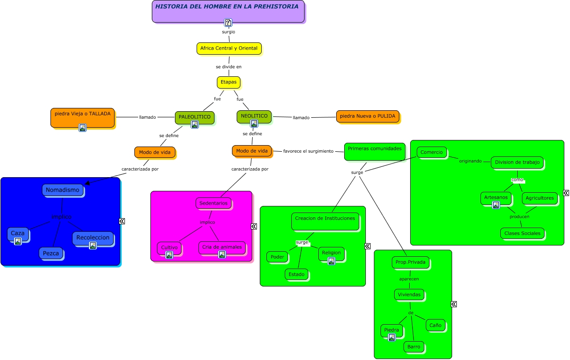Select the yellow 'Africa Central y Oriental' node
(229, 48)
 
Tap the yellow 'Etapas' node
(229, 82)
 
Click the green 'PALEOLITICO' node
(194, 117)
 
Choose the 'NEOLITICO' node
(254, 116)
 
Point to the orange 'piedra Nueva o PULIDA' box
(367, 116)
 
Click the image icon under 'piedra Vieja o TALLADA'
(83, 127)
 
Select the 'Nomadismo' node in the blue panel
(63, 190)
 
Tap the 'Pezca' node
(51, 253)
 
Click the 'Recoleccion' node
(93, 238)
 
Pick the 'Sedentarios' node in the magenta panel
(213, 203)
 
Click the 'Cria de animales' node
(222, 247)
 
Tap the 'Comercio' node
(431, 152)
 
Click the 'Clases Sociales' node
(522, 233)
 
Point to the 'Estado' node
(297, 274)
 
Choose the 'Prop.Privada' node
(410, 262)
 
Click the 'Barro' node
(413, 347)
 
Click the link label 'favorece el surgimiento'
(308, 151)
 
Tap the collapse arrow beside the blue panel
(122, 221)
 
